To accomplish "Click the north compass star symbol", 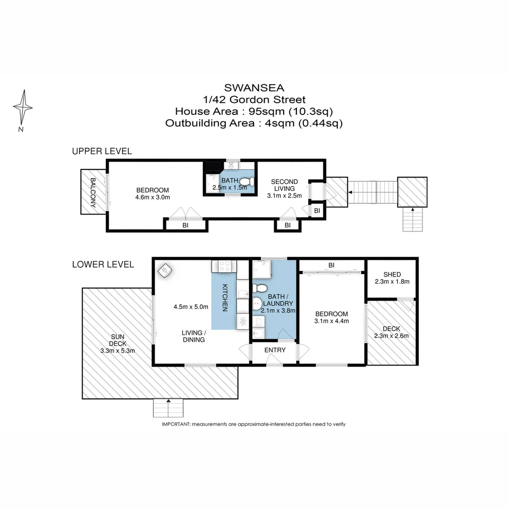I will pos(23,107).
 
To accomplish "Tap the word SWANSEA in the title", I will pos(254,87).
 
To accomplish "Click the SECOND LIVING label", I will pos(284,185).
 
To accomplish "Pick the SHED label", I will pos(392,274).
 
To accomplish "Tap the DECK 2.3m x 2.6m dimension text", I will pos(392,336).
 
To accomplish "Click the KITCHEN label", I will pos(225,297).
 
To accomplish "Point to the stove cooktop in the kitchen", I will pos(225,267).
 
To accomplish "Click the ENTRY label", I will pos(274,350).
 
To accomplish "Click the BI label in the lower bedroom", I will pos(331,265).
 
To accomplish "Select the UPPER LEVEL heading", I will pos(102,151).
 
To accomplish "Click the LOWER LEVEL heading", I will pos(103,264).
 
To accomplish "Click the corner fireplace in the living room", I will pos(165,270).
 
